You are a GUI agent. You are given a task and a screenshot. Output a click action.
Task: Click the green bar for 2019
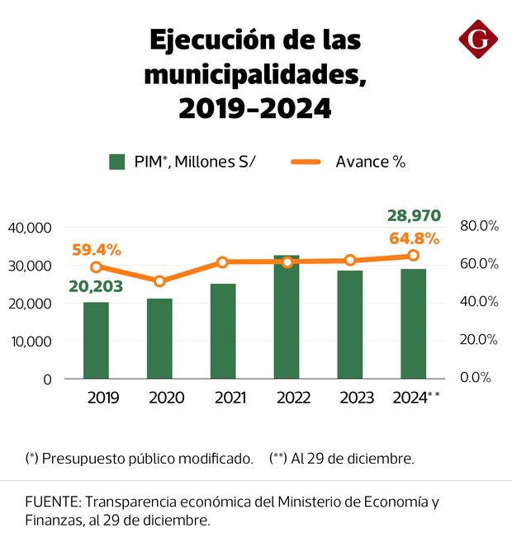[x=96, y=340]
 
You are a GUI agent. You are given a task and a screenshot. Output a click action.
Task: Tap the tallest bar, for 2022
[x=287, y=317]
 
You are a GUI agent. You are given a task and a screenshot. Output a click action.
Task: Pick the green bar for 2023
[x=350, y=324]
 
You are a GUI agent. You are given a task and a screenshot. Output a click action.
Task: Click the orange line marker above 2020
[x=159, y=281]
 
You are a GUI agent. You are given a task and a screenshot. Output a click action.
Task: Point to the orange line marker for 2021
[x=223, y=262]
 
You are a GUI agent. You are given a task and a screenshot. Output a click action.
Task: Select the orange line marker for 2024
[x=413, y=256]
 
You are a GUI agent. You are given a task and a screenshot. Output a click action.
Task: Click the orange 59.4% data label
[x=96, y=248]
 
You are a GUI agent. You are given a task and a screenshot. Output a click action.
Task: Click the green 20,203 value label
[x=96, y=286]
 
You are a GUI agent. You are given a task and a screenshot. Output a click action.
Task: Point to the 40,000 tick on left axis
[x=30, y=228]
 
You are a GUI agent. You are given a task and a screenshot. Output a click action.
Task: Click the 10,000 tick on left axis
[x=30, y=342]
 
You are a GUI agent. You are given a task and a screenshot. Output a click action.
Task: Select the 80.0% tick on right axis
[x=479, y=225]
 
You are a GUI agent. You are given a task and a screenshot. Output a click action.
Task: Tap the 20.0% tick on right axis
[x=479, y=339]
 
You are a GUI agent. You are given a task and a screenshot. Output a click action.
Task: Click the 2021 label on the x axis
[x=223, y=398]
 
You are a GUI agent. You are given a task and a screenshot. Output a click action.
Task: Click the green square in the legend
[x=116, y=162]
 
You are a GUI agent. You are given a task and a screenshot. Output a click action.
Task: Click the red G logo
[x=478, y=40]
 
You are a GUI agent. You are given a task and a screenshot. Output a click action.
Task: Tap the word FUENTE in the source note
[x=52, y=502]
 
